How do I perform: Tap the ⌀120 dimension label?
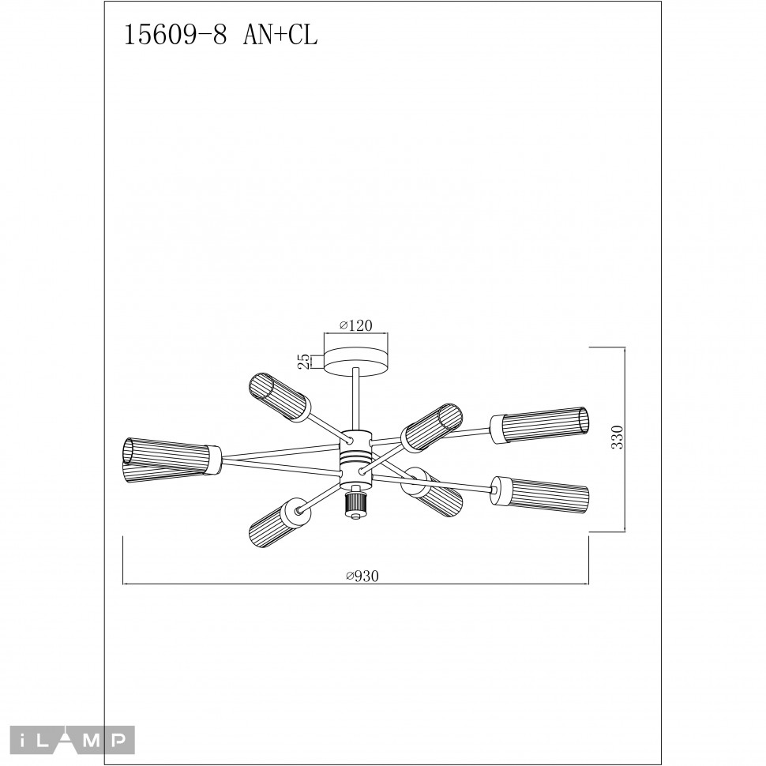355,325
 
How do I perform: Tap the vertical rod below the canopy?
357,399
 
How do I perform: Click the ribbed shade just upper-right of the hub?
431,426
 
